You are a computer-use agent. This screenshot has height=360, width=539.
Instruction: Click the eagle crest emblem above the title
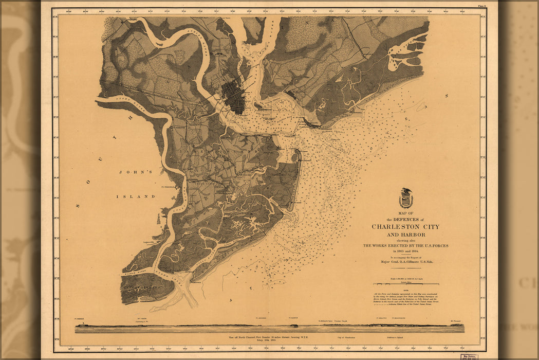coord(406,198)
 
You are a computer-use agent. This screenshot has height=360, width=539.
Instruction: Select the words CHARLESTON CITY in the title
coord(405,227)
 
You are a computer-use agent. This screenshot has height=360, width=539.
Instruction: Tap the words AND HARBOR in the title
coord(405,234)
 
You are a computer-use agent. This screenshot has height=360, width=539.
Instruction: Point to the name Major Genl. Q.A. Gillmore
coord(405,262)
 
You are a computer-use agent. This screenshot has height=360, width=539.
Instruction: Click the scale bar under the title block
coord(406,284)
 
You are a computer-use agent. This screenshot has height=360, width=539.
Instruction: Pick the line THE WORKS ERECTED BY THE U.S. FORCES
coord(405,246)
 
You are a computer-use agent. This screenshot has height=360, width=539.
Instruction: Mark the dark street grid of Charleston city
coord(233,97)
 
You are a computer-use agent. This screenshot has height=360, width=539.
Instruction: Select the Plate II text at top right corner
coord(481,6)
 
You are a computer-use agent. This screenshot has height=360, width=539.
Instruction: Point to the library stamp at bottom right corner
coord(469,356)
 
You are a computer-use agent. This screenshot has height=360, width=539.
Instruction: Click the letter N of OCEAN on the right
coord(447,96)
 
